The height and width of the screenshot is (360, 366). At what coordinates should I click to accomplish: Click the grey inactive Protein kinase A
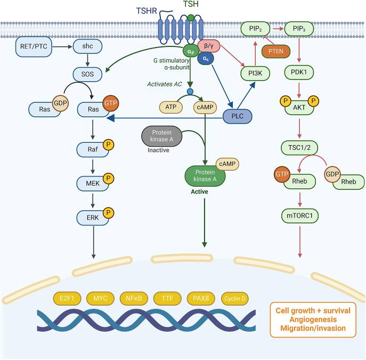coord(162,137)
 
